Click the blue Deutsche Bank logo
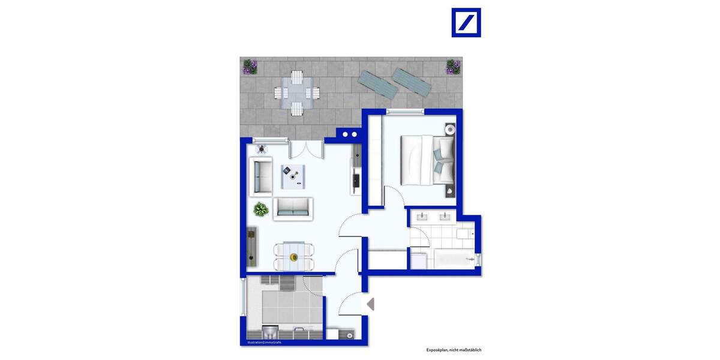click(x=466, y=23)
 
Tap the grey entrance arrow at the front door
click(x=370, y=304)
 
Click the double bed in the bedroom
click(x=427, y=162)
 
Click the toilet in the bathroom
click(x=464, y=234)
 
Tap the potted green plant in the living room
click(x=260, y=209)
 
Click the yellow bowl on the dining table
click(x=293, y=257)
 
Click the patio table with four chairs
click(x=296, y=93)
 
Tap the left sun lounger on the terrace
click(x=377, y=85)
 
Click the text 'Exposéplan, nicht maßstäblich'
click(x=454, y=350)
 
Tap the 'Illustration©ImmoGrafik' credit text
click(x=265, y=343)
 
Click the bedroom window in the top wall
click(x=406, y=112)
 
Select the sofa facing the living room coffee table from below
click(x=293, y=208)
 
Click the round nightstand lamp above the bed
click(x=451, y=128)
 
